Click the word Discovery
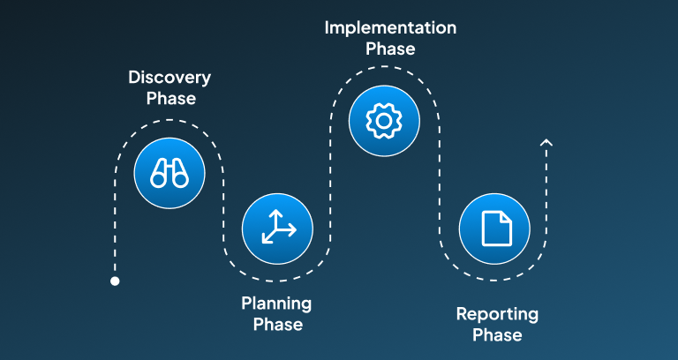click(x=169, y=79)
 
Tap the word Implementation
click(x=390, y=28)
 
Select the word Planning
click(x=276, y=304)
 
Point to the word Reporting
click(x=497, y=314)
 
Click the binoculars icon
click(x=169, y=173)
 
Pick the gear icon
click(x=384, y=121)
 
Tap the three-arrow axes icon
click(x=277, y=227)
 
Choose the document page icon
click(x=497, y=229)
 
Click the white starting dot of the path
click(x=115, y=281)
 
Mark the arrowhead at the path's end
click(x=546, y=142)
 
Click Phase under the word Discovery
click(x=171, y=99)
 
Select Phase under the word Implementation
click(x=390, y=49)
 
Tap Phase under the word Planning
click(x=278, y=325)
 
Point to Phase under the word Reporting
click(x=497, y=335)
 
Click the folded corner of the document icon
click(x=506, y=217)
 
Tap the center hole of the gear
click(x=384, y=121)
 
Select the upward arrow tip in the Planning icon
click(x=275, y=212)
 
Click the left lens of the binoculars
click(x=158, y=179)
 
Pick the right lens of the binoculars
click(x=181, y=179)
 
